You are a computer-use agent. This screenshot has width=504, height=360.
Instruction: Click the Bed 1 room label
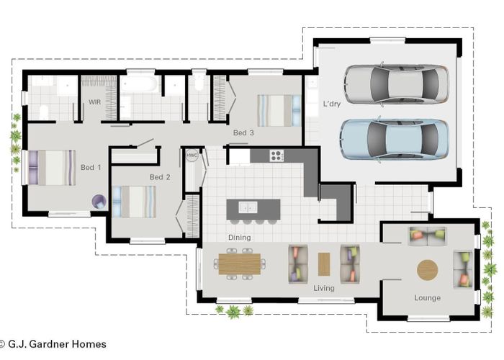tap(91, 168)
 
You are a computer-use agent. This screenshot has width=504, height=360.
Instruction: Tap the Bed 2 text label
tap(160, 177)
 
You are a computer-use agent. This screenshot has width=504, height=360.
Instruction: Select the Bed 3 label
tap(243, 133)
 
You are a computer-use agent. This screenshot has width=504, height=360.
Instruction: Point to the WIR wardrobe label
tap(94, 102)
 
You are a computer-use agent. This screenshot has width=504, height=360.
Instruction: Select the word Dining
tap(239, 238)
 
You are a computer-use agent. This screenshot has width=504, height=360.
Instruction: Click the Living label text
tap(324, 289)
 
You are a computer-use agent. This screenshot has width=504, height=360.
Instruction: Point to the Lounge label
tap(427, 297)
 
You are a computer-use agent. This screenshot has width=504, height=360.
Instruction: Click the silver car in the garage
tap(395, 84)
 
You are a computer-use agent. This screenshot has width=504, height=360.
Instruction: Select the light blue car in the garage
tap(395, 138)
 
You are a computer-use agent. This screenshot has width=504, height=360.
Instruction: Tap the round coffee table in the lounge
tap(427, 269)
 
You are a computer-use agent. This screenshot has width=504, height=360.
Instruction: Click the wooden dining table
tap(237, 264)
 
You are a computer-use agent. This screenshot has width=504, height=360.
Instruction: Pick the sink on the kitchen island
tap(248, 207)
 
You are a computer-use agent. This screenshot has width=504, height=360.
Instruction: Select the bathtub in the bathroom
tap(138, 85)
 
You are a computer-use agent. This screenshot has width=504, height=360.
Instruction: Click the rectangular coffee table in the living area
tap(323, 264)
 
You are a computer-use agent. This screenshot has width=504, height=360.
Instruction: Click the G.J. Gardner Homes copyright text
tap(53, 344)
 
